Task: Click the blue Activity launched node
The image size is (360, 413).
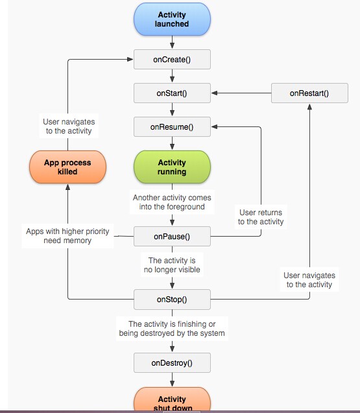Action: (x=172, y=19)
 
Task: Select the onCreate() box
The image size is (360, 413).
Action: (x=172, y=60)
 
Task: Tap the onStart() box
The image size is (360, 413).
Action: (x=172, y=93)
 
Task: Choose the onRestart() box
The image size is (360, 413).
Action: (x=309, y=93)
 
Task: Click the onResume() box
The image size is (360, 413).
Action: (x=172, y=126)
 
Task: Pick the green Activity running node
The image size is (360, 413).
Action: (x=172, y=167)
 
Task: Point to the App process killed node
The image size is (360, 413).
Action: (x=67, y=167)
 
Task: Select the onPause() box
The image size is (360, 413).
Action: (x=172, y=236)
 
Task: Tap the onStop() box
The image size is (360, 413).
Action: (x=172, y=300)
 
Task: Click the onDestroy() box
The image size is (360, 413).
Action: (x=172, y=362)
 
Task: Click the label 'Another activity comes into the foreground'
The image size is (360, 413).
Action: (x=172, y=202)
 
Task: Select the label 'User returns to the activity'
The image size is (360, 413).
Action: (x=261, y=217)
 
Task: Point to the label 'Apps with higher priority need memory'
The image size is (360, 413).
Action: (x=67, y=236)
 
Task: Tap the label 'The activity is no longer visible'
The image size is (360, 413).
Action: (x=172, y=265)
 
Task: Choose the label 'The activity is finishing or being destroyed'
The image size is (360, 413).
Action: (x=172, y=329)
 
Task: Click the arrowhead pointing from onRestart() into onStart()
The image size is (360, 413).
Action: (x=214, y=93)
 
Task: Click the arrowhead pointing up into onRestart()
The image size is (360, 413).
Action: (x=309, y=107)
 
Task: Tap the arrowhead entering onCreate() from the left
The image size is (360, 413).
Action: (x=130, y=59)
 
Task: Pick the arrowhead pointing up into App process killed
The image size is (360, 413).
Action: (x=67, y=187)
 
